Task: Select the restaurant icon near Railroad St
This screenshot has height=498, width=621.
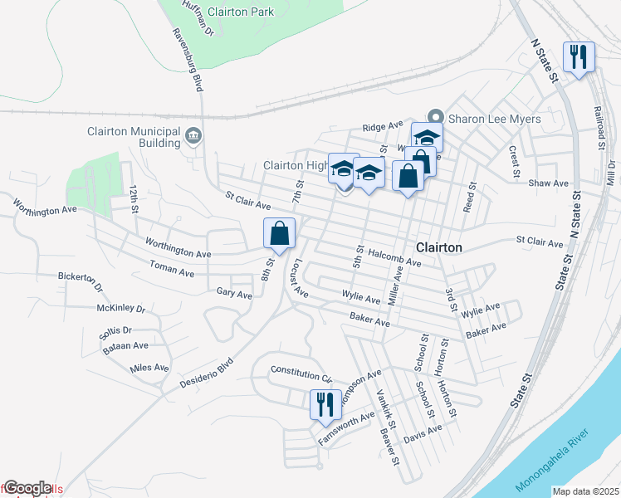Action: tap(577, 57)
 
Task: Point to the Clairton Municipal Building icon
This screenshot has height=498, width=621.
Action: tap(193, 135)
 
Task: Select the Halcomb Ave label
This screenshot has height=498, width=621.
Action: tap(395, 256)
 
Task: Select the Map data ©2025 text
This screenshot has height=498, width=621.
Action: tap(584, 491)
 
